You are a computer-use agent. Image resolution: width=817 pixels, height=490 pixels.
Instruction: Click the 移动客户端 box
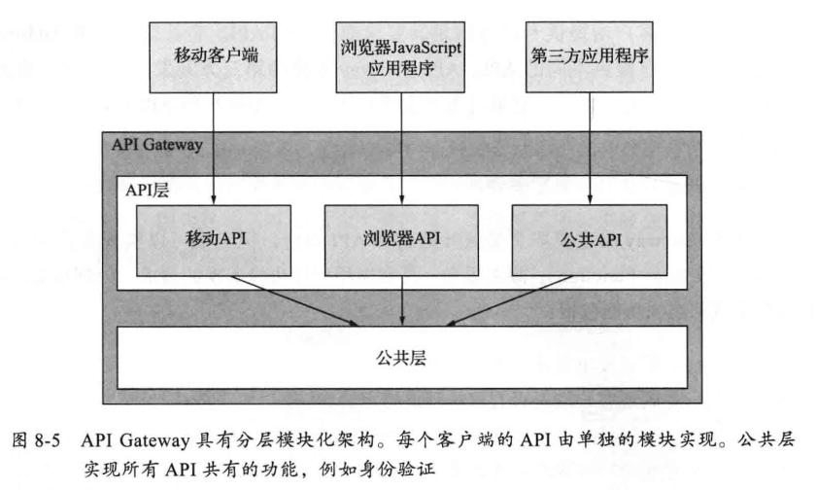click(x=213, y=57)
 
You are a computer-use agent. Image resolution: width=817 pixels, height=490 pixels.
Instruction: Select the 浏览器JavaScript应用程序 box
click(x=400, y=57)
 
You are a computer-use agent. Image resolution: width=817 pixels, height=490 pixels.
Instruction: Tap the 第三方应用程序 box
click(x=590, y=57)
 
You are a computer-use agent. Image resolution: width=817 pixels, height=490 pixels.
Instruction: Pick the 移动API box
click(x=214, y=240)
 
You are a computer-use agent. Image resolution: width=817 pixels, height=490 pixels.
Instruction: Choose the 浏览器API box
click(x=401, y=240)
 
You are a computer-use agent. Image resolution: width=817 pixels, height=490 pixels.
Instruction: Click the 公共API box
click(x=590, y=240)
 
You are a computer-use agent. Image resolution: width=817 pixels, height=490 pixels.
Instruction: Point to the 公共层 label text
click(x=401, y=358)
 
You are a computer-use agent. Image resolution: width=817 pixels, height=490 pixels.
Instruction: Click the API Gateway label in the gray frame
click(x=156, y=145)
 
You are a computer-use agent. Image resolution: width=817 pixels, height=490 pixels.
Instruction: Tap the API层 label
click(x=147, y=191)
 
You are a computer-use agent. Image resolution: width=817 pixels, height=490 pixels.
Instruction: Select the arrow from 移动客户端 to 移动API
click(x=213, y=149)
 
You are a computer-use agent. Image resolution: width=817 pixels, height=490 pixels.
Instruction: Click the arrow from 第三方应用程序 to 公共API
click(x=590, y=149)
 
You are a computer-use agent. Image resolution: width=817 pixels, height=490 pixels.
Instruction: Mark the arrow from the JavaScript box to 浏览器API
click(x=401, y=149)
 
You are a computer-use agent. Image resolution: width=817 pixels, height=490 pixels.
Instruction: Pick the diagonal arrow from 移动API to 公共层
click(x=294, y=300)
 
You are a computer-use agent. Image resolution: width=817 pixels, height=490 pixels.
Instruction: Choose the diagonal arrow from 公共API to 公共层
click(x=510, y=300)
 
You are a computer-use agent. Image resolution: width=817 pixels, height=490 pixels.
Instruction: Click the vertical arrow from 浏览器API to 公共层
click(x=402, y=300)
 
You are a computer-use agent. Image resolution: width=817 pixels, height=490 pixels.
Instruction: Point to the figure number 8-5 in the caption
click(x=48, y=441)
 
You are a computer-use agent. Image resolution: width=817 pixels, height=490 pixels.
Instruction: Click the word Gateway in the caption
click(x=154, y=441)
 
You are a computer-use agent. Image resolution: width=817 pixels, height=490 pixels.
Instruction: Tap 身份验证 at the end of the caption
click(x=397, y=470)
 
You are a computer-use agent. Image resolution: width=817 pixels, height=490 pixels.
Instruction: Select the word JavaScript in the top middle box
click(x=426, y=48)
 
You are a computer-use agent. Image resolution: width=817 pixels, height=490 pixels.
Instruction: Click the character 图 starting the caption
click(x=19, y=441)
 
